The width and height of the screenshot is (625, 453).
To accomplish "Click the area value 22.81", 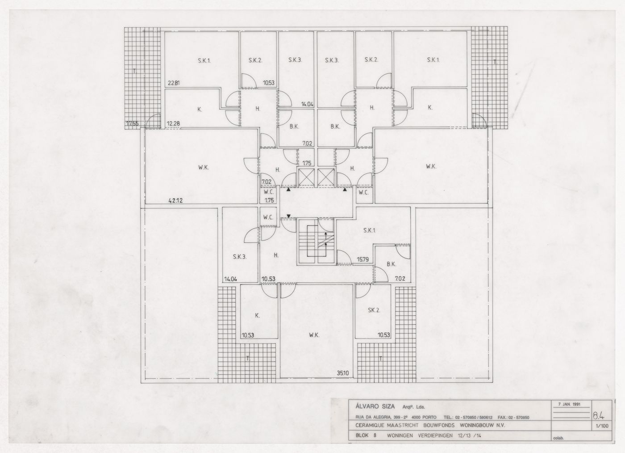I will [174, 83].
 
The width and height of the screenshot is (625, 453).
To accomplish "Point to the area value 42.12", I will [176, 201].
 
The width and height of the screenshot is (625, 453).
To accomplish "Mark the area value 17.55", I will [133, 123].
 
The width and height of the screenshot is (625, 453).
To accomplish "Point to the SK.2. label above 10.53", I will [374, 310].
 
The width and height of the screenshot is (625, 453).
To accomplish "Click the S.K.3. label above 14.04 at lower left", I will [240, 257].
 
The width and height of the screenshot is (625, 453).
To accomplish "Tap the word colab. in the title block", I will [558, 438].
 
